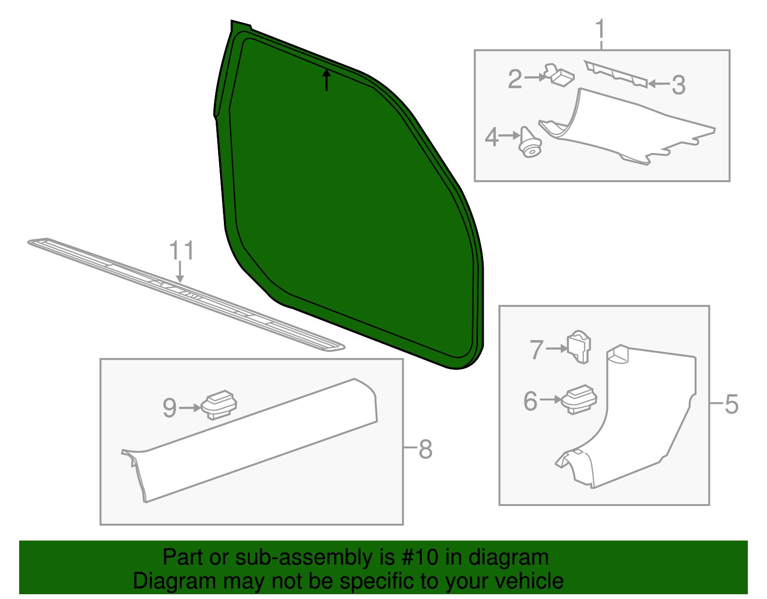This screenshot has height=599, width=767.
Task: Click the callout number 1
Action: pyautogui.click(x=600, y=30)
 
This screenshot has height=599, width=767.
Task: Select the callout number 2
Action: pyautogui.click(x=515, y=79)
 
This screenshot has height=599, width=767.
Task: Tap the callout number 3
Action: pyautogui.click(x=678, y=85)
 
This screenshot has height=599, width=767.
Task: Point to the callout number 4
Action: pyautogui.click(x=492, y=137)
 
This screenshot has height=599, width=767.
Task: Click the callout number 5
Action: pyautogui.click(x=732, y=404)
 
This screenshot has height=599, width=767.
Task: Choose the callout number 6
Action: pyautogui.click(x=530, y=401)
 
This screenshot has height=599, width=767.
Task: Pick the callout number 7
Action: pyautogui.click(x=536, y=350)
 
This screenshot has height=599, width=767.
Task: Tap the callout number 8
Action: pyautogui.click(x=425, y=449)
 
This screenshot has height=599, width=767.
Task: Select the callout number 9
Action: pyautogui.click(x=169, y=408)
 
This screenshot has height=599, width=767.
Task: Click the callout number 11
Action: pyautogui.click(x=182, y=250)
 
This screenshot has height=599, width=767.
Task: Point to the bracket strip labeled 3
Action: pyautogui.click(x=616, y=74)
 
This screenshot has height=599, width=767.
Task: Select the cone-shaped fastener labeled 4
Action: pyautogui.click(x=529, y=142)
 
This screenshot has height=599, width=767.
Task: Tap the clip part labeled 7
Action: pyautogui.click(x=579, y=347)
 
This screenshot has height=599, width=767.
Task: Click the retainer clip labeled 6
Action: pyautogui.click(x=579, y=399)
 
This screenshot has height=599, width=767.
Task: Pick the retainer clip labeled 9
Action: pyautogui.click(x=219, y=405)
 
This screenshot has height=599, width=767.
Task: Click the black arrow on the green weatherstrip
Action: pyautogui.click(x=326, y=80)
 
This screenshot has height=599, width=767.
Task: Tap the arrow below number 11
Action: pyautogui.click(x=180, y=272)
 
